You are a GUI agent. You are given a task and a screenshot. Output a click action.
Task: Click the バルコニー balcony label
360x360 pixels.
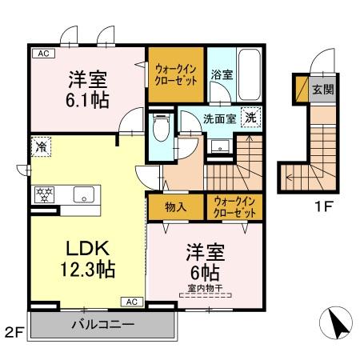102,325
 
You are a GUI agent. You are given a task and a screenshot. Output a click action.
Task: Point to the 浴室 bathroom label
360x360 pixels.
222,75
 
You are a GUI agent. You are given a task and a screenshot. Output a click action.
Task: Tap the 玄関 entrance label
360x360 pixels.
323,89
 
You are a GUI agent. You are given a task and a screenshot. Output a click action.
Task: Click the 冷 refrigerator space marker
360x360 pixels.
40,147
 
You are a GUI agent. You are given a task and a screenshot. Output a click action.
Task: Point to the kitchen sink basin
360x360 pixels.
82,194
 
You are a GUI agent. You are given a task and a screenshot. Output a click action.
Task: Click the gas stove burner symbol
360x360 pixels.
42,194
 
